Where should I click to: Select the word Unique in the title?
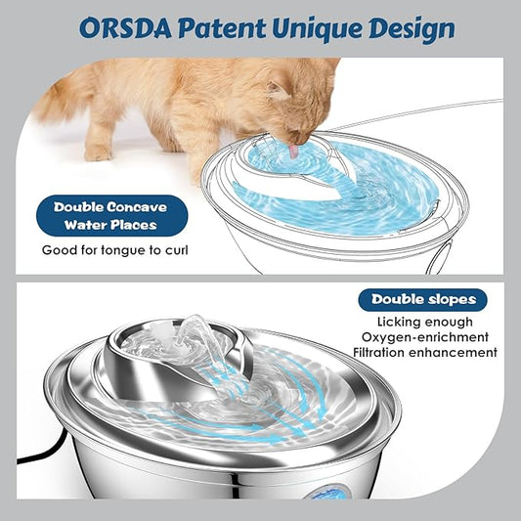(336, 28)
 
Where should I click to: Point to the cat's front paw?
(98, 152)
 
